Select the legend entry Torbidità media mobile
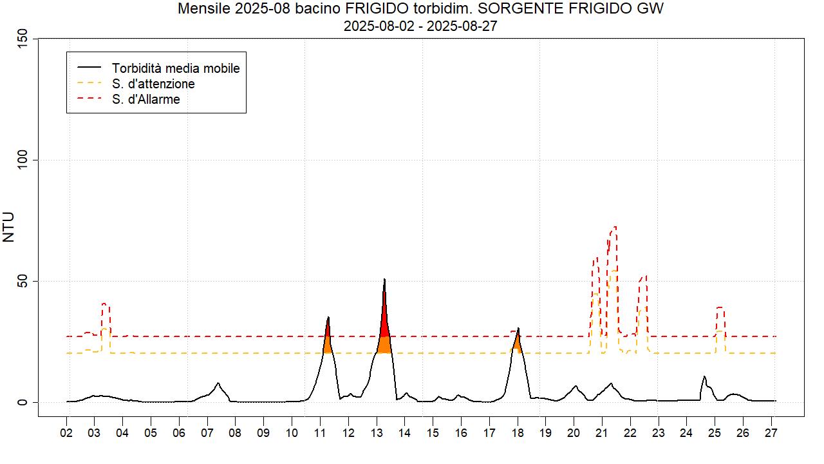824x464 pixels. [175, 68]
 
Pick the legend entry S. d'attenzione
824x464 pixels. [153, 84]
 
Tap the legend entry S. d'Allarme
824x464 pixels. [145, 99]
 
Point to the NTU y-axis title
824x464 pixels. [9, 227]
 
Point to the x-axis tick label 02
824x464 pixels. [66, 434]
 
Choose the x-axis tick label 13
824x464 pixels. [376, 434]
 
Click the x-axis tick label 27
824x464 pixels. [770, 434]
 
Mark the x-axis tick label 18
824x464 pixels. [516, 434]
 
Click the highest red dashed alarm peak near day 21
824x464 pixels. [614, 228]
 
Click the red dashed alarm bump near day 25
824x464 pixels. [720, 309]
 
